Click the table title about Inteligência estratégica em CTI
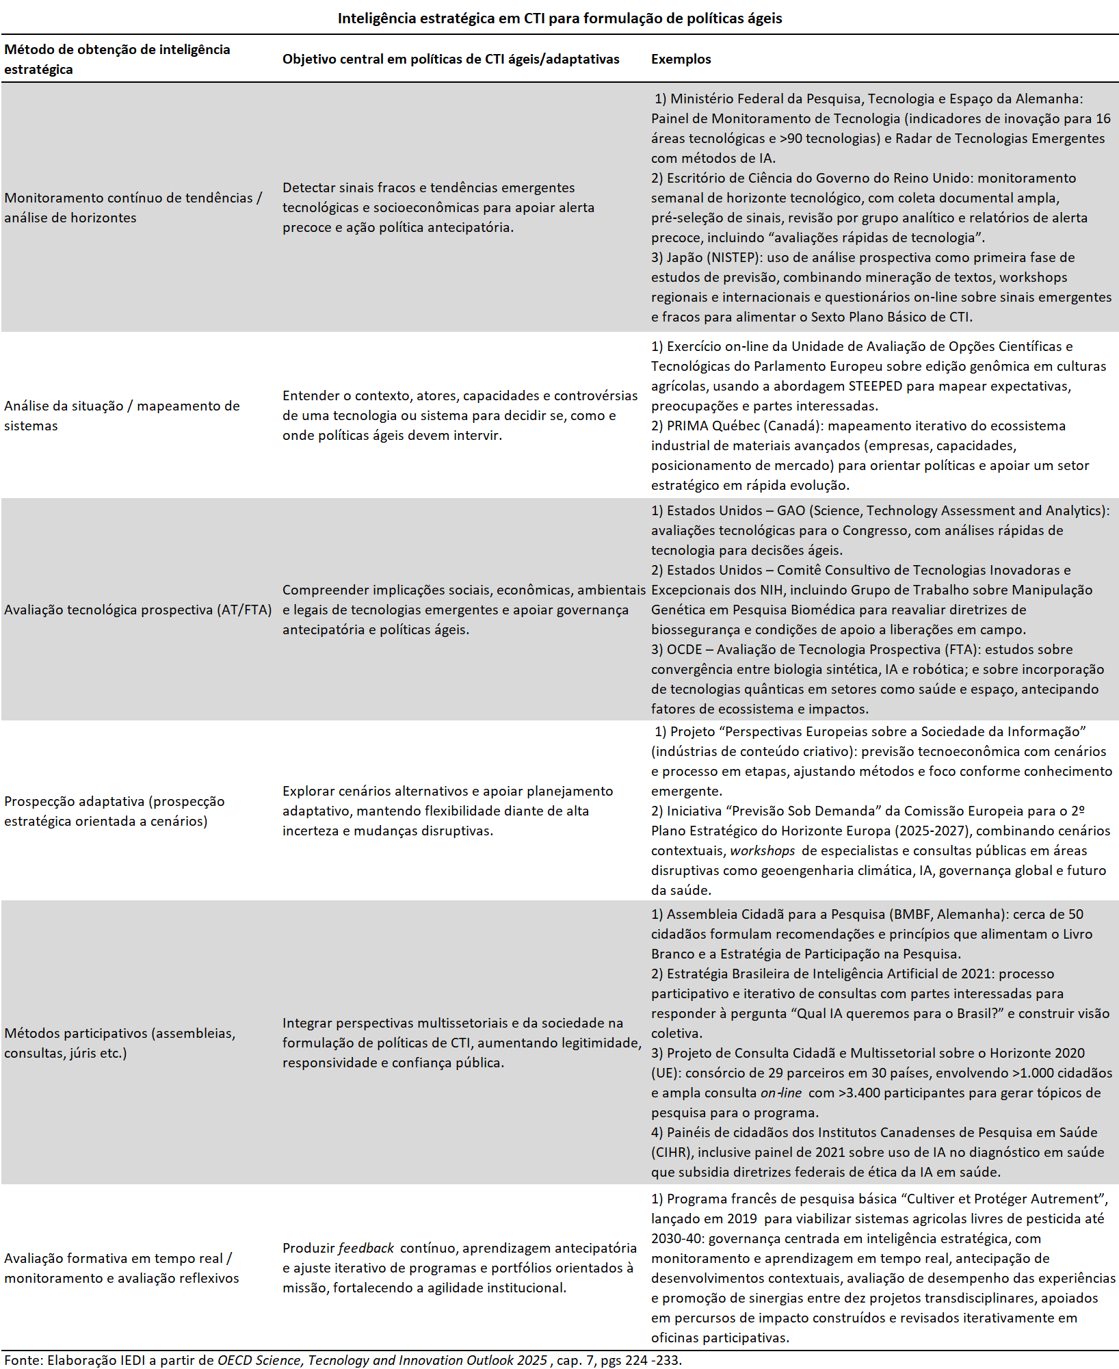tap(559, 18)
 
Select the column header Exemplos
tap(681, 59)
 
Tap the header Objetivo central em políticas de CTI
tap(451, 59)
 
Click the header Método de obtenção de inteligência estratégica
tap(117, 59)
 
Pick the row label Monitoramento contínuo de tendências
tap(133, 207)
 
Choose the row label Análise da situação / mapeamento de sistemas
tap(122, 415)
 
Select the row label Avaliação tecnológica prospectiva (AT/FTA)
tap(137, 610)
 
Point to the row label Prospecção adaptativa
tap(114, 811)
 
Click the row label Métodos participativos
tap(120, 1043)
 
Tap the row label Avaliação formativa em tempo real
tap(121, 1268)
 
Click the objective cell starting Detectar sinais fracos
tap(438, 207)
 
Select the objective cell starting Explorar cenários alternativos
tap(447, 811)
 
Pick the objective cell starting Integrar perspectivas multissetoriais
tap(462, 1043)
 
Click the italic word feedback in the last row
tap(366, 1248)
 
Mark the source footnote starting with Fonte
tap(343, 1360)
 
